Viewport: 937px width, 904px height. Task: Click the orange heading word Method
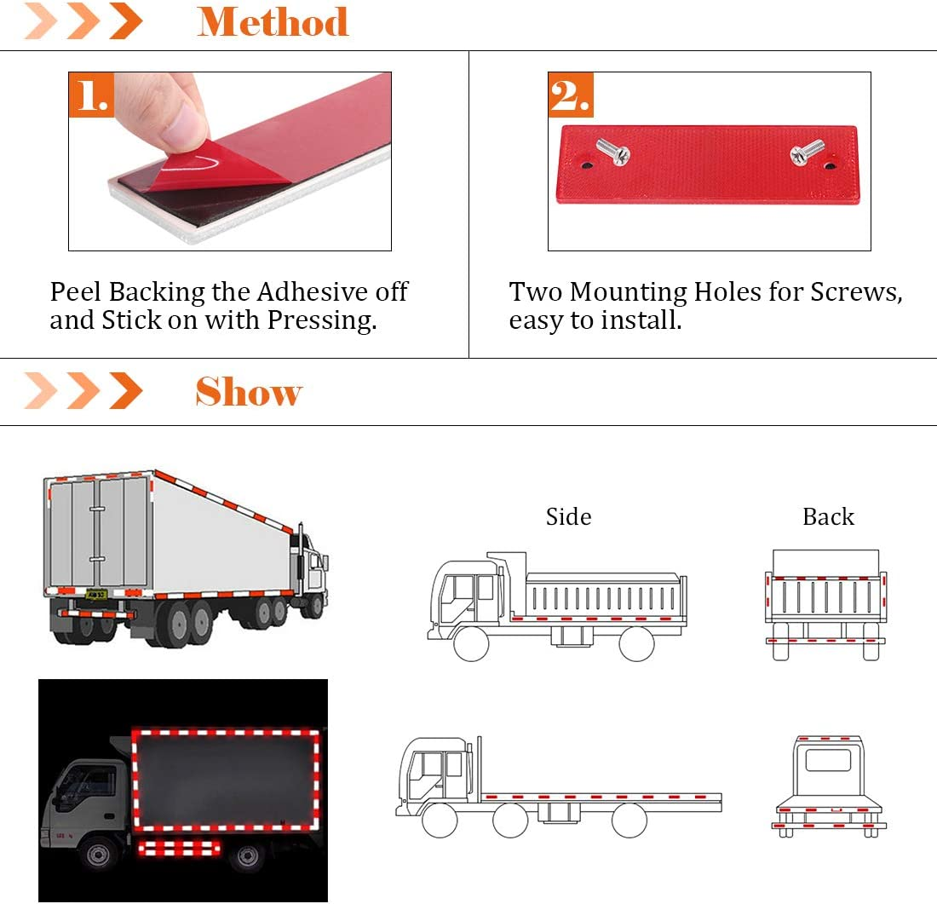(x=273, y=21)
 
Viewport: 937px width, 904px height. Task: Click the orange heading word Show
(x=249, y=392)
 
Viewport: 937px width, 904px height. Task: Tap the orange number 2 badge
(x=570, y=95)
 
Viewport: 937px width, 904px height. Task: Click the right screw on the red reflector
(x=806, y=153)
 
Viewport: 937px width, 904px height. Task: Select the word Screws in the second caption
(x=855, y=292)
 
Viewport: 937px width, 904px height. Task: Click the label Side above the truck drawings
(x=568, y=517)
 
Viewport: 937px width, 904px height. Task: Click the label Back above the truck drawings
(x=828, y=517)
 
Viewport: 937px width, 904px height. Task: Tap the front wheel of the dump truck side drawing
(x=471, y=644)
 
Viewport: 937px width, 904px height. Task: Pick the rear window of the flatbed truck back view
(x=828, y=760)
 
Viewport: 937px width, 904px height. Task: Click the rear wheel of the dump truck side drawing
(x=636, y=644)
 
